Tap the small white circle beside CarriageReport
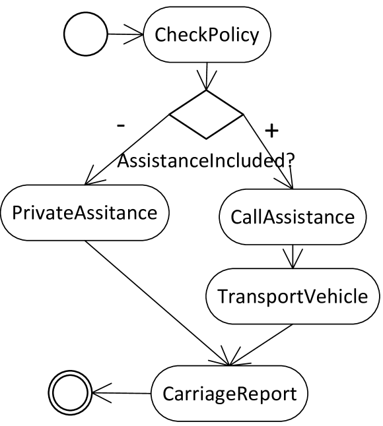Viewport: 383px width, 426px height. [70, 393]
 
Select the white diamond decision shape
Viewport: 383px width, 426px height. [206, 115]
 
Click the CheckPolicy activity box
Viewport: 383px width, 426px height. [207, 35]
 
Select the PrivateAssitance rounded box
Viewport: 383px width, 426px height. [85, 214]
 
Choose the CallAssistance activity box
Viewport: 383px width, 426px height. [293, 217]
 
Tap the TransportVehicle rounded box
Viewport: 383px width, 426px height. [293, 296]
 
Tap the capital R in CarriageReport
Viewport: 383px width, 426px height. [242, 394]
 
